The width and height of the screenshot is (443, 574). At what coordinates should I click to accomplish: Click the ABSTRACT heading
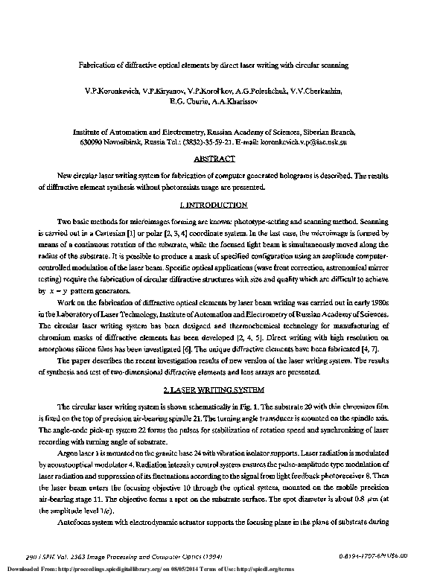tap(214, 159)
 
